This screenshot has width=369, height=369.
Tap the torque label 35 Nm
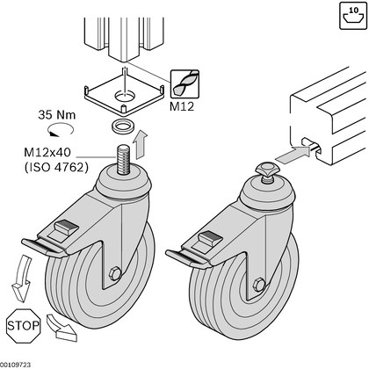pos(55,115)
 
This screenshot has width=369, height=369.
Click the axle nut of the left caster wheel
pos(115,275)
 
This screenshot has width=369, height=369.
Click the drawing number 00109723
pos(16,364)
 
